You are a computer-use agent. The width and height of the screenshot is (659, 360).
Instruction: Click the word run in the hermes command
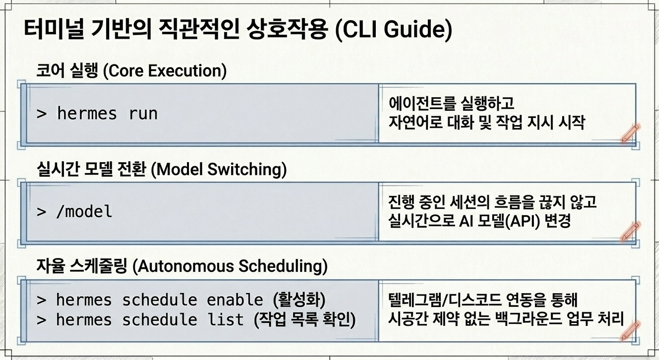pos(143,114)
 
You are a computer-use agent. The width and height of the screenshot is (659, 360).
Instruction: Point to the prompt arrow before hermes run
pos(42,114)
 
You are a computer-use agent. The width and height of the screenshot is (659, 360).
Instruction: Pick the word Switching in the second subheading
pos(247,169)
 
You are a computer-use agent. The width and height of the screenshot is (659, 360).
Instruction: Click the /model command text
pos(84,211)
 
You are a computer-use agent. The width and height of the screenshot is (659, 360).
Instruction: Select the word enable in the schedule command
pos(235,300)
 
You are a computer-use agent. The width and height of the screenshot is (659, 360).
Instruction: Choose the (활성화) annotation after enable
pos(299,300)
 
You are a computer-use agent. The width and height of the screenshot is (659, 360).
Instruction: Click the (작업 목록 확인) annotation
pos(304,320)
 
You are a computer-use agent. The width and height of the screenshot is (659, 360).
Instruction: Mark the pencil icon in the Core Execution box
pos(630,133)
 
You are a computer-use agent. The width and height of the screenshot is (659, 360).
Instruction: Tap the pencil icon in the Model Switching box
pos(630,232)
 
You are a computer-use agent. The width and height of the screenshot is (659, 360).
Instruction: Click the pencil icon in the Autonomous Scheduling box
pos(630,331)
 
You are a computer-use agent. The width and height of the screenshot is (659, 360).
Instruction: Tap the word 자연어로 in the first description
pos(415,123)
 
